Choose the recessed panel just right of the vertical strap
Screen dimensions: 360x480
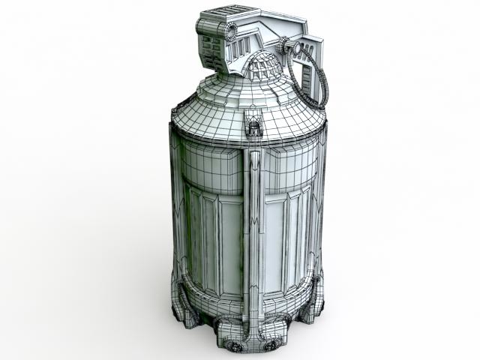[x=280, y=240]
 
